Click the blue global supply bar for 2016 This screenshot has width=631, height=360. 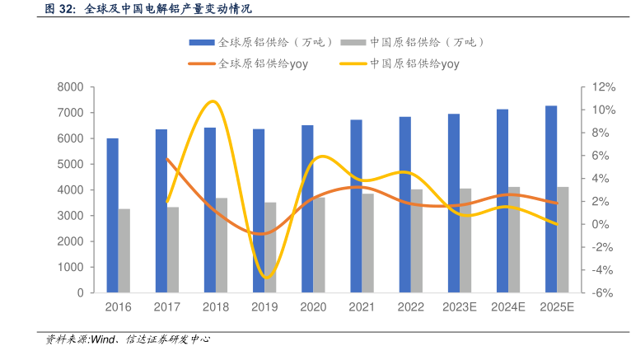(x=112, y=215)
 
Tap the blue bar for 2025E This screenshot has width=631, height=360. (x=551, y=199)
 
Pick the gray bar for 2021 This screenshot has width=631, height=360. (x=367, y=243)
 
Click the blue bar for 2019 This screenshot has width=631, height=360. (x=258, y=211)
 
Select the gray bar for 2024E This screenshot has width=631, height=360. (x=514, y=240)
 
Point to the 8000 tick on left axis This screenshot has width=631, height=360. (x=72, y=87)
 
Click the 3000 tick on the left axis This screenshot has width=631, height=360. (x=72, y=216)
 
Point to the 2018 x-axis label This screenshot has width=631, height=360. (x=215, y=306)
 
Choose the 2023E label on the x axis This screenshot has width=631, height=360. (x=460, y=306)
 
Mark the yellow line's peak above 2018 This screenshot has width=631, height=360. (x=213, y=101)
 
